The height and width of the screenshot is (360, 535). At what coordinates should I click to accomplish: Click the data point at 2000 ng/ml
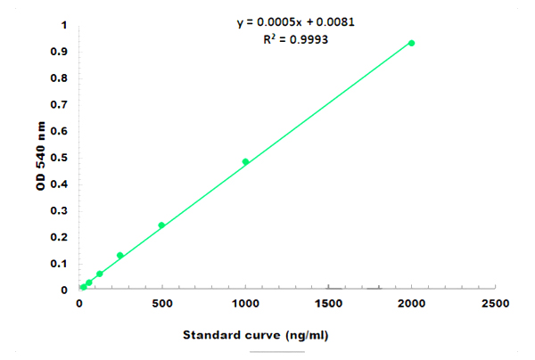[411, 43]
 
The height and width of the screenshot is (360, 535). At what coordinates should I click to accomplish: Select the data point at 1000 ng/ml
[245, 161]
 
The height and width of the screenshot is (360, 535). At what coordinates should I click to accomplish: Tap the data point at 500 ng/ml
[161, 225]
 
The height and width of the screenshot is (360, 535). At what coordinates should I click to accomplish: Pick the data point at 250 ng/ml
[120, 255]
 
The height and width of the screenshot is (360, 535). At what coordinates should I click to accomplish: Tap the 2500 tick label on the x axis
[495, 304]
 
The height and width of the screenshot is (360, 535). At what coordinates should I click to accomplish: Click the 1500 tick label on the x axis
[328, 304]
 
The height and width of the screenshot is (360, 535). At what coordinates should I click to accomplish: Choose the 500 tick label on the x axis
[162, 304]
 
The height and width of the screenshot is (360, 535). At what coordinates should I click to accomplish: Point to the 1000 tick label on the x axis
[245, 304]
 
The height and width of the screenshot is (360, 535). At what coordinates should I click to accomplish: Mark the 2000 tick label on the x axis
[411, 304]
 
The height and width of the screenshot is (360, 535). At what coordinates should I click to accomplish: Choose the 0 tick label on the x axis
[78, 304]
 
